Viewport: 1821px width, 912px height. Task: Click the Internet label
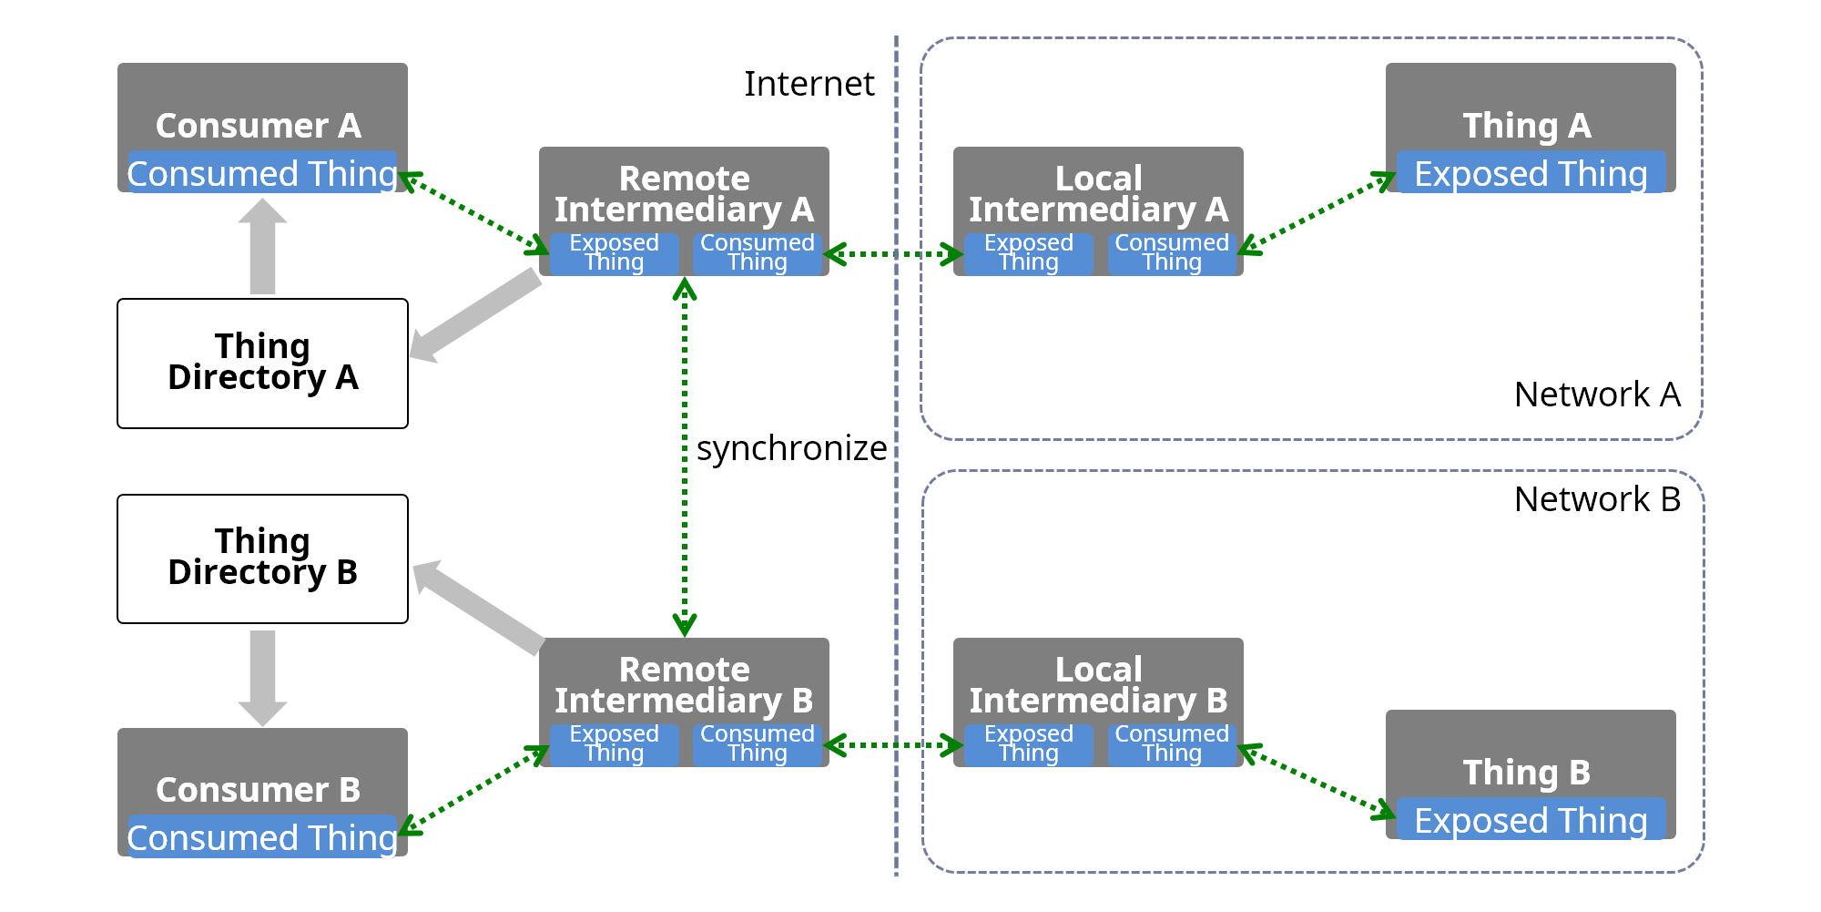click(x=809, y=84)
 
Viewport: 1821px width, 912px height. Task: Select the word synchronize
click(x=790, y=448)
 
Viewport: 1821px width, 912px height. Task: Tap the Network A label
click(x=1596, y=395)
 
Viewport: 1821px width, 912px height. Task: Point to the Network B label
click(x=1596, y=499)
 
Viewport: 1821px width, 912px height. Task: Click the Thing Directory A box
click(x=262, y=363)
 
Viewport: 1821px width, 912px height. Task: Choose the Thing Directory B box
click(x=262, y=558)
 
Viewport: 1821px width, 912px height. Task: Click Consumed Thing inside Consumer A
click(x=262, y=173)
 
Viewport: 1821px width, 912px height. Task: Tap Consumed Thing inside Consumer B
click(x=262, y=837)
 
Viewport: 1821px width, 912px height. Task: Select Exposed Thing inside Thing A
click(x=1530, y=173)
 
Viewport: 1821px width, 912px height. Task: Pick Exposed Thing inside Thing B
click(x=1530, y=820)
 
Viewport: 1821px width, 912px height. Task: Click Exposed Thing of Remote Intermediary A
click(x=614, y=253)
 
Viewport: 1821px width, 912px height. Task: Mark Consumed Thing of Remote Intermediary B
click(x=757, y=744)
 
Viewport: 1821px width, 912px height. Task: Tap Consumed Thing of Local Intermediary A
click(x=1171, y=253)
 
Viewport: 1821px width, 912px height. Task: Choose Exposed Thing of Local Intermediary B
click(x=1028, y=744)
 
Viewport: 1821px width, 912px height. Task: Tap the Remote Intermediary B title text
click(x=684, y=685)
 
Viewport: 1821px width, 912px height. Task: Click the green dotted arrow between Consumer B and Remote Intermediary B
click(x=474, y=789)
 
